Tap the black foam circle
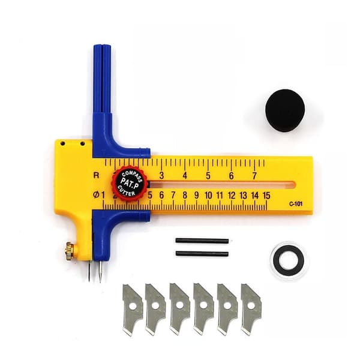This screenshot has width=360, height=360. pos(285,110)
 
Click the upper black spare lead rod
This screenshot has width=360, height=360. pos(202,241)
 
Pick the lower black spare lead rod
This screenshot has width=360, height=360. pos(202,254)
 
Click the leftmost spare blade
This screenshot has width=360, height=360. pos(132,309)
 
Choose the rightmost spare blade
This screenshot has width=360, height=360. pos(251,309)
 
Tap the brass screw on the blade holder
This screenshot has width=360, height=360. pos(70,251)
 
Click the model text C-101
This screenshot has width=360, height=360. pos(296,204)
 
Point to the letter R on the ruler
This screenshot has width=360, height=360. pos(97,175)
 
